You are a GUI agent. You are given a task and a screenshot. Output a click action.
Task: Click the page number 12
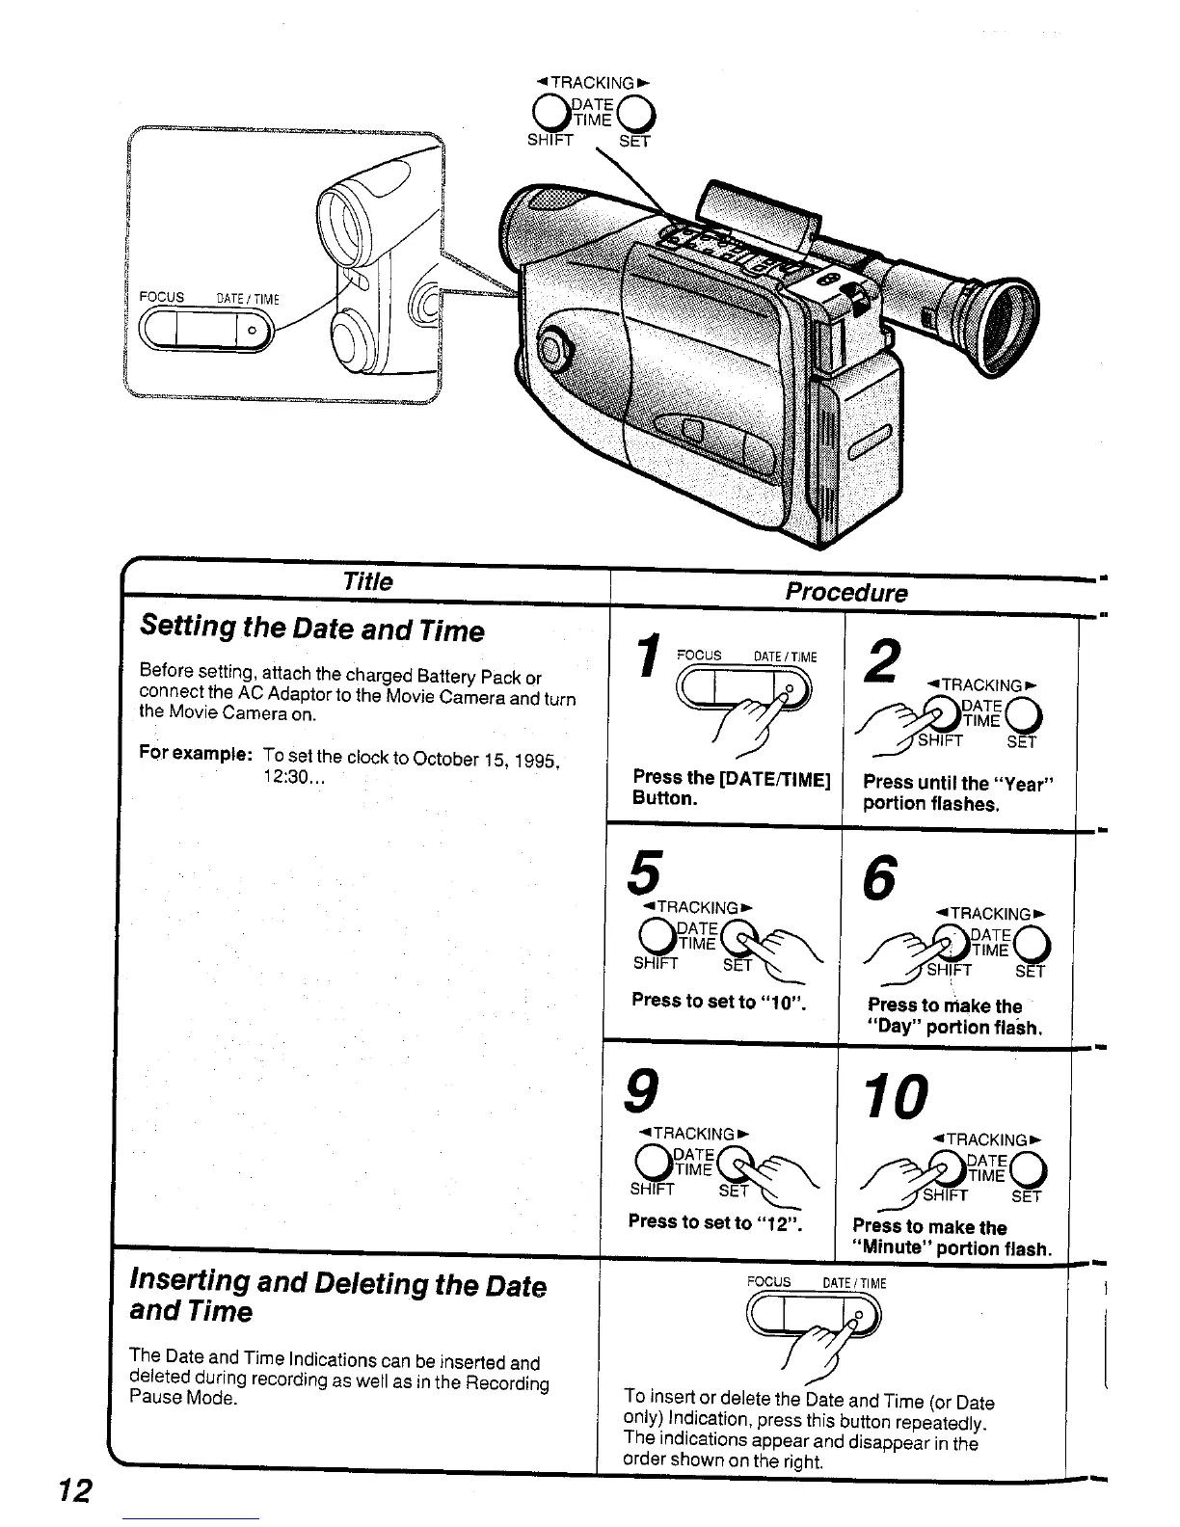(75, 1490)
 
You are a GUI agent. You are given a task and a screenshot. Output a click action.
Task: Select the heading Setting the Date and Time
(311, 630)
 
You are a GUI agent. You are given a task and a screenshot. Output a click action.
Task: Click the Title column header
(367, 581)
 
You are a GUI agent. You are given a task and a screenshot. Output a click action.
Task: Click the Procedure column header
(845, 592)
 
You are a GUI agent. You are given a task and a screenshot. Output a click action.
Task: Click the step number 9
(643, 1091)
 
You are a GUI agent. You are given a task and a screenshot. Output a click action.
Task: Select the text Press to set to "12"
(715, 1221)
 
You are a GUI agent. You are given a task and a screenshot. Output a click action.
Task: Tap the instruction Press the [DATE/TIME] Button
(731, 788)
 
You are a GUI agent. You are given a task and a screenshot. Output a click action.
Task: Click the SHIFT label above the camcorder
(550, 140)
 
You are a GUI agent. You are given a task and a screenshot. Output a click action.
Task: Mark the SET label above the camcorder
(634, 142)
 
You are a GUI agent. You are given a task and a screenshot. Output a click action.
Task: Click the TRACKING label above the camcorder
(592, 83)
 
